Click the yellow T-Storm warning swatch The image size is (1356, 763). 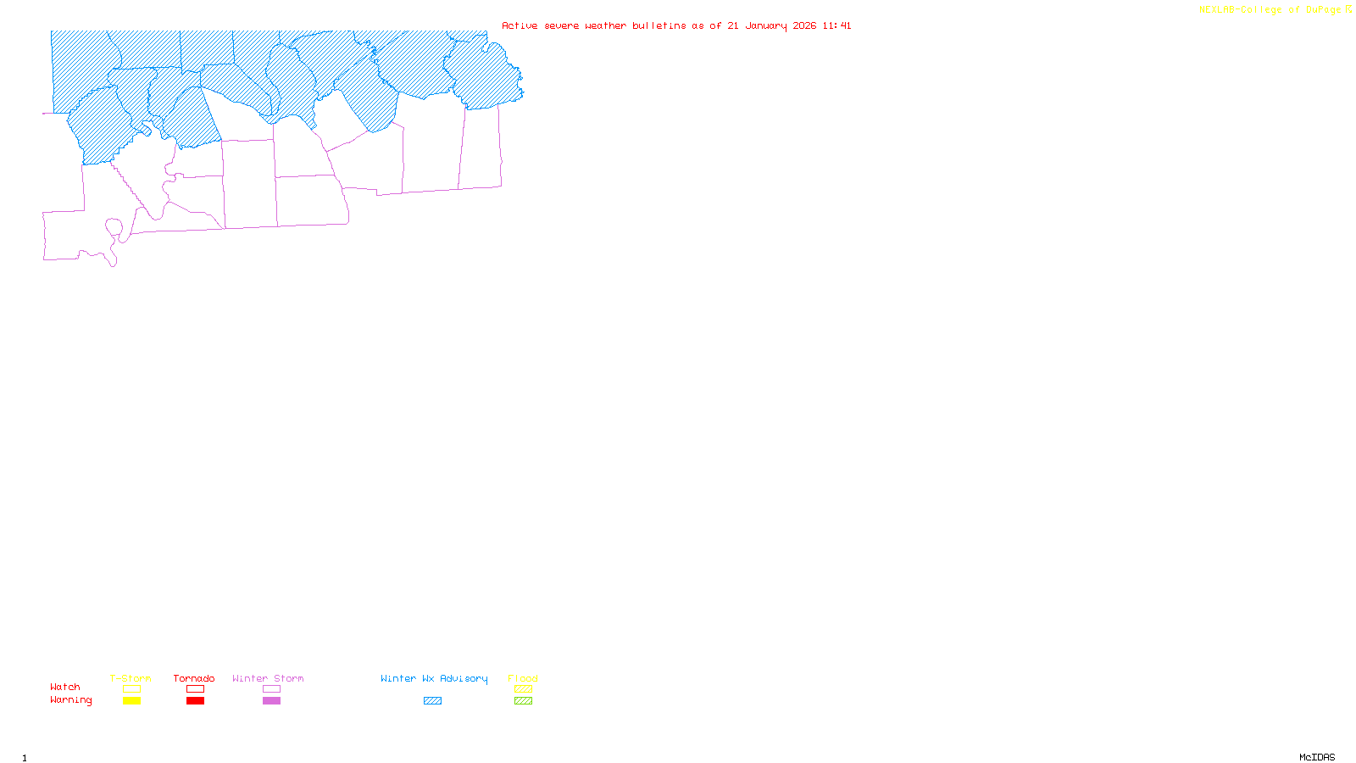pos(131,701)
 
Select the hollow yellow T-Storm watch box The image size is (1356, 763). pos(131,689)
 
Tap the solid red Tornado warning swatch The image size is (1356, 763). pos(195,701)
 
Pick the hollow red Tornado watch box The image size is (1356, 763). pos(195,689)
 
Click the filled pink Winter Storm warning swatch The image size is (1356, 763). pos(271,701)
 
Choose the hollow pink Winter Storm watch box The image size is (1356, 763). pos(271,689)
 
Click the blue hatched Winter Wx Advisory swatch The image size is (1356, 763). pos(432,701)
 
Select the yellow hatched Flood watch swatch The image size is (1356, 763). pos(523,689)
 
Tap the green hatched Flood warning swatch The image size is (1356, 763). pos(523,701)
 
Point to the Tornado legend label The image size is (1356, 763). pos(194,678)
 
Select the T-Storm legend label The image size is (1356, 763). pos(131,678)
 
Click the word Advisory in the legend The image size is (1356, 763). pos(464,678)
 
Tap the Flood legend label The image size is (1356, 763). pos(523,678)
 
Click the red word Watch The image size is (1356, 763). pos(65,687)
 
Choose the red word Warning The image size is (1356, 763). pos(71,700)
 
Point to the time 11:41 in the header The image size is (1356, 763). pos(836,25)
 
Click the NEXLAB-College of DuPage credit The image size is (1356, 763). pos(1270,10)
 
